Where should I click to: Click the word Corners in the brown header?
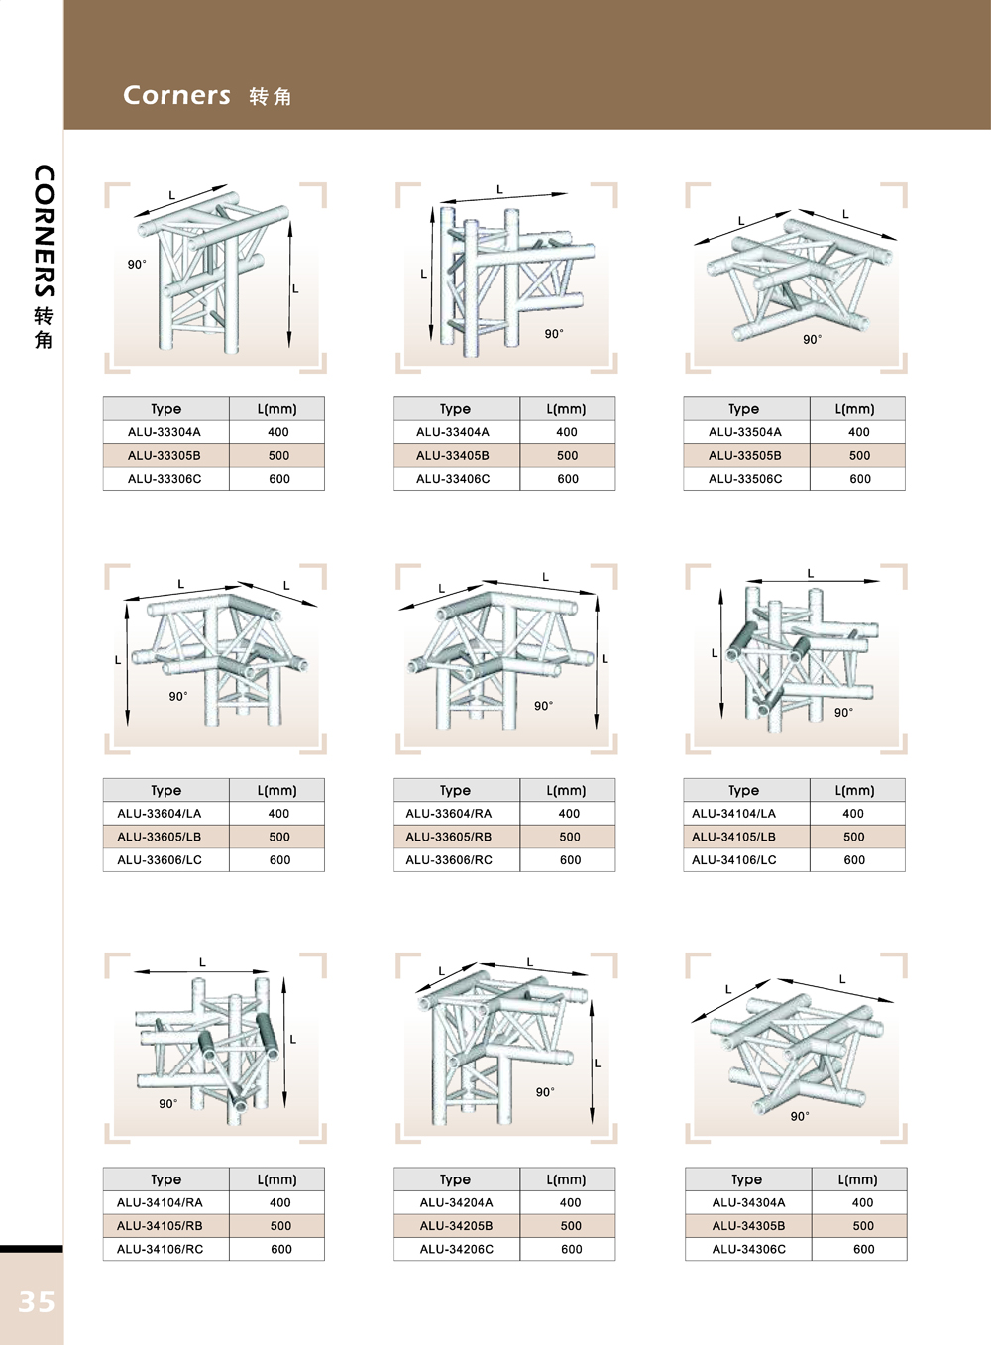click(x=176, y=95)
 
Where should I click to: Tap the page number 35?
click(x=37, y=1302)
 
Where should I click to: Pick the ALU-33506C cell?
click(x=746, y=479)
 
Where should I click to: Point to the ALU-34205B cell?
click(x=457, y=1225)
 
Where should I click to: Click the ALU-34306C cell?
click(x=748, y=1249)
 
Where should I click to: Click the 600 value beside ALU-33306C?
click(x=279, y=479)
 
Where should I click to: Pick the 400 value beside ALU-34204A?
click(x=570, y=1202)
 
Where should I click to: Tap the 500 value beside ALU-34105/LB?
click(x=854, y=837)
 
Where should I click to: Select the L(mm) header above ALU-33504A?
click(x=855, y=409)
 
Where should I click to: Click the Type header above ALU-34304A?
click(x=746, y=1179)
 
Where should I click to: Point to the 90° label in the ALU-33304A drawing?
click(x=137, y=265)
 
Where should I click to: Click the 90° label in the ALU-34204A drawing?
click(x=546, y=1092)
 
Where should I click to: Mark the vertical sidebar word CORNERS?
click(x=44, y=231)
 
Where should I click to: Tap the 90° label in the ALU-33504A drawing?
click(x=813, y=339)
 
